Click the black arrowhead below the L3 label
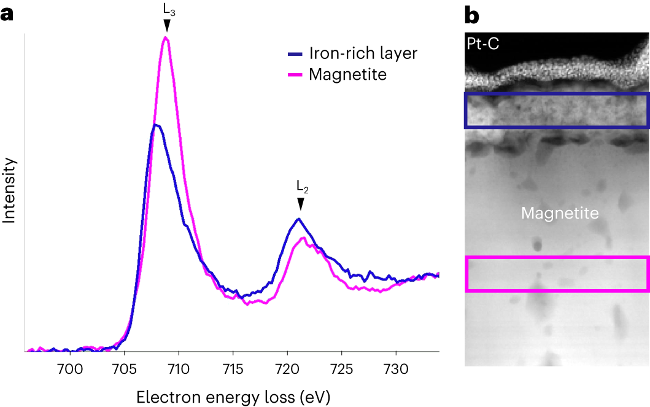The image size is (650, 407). (x=166, y=25)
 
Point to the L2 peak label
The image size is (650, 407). (x=300, y=185)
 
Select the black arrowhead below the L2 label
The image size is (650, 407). (x=300, y=204)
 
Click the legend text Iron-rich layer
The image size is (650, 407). (x=363, y=53)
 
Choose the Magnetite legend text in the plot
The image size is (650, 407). (x=347, y=74)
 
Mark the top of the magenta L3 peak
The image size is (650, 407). (x=165, y=37)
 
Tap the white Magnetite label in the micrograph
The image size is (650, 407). (x=559, y=214)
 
